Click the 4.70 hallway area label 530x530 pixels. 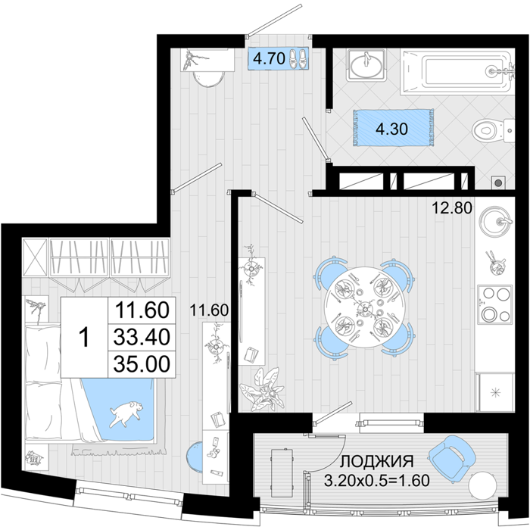point(269,59)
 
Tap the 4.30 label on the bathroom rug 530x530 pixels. point(392,129)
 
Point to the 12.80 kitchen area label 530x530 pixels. point(452,208)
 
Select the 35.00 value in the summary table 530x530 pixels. point(142,364)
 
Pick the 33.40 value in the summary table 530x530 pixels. point(142,337)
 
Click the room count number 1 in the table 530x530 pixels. point(83,338)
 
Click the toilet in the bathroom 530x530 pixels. point(493,130)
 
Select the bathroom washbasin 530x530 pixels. point(366,65)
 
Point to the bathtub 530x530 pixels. point(457,73)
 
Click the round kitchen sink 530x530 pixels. point(495,221)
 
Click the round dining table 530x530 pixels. point(365,307)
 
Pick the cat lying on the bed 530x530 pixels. point(126,413)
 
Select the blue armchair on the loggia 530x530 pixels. point(451,457)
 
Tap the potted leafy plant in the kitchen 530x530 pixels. point(263,389)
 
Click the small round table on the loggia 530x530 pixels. point(483,486)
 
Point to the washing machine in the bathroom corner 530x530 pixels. point(497,182)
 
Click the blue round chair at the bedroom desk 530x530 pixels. point(195,457)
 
